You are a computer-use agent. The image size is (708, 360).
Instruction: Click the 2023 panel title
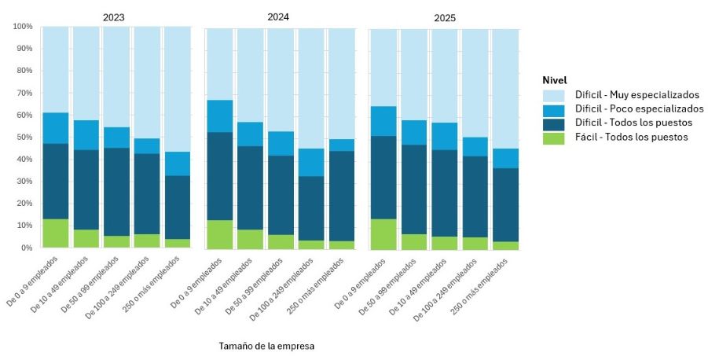[x=113, y=17]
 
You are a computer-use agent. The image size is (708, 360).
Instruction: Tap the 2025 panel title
[x=444, y=17]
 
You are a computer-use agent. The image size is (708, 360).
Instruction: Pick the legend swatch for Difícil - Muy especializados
[x=553, y=95]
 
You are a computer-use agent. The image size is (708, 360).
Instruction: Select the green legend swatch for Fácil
[x=553, y=137]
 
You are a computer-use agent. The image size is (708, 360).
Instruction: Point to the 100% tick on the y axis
[x=23, y=27]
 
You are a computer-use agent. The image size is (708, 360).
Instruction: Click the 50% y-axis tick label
[x=24, y=138]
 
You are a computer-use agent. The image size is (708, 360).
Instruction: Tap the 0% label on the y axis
[x=26, y=248]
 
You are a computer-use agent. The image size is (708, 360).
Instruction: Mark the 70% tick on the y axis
[x=24, y=94]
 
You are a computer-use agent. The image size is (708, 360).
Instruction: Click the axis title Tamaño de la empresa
[x=266, y=345]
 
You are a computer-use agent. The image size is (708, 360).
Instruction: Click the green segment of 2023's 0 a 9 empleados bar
[x=55, y=233]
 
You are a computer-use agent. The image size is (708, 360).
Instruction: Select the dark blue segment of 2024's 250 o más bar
[x=342, y=196]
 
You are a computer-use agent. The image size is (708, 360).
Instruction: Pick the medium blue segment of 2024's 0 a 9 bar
[x=219, y=116]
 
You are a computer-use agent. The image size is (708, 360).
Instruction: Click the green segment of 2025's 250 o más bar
[x=505, y=245]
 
